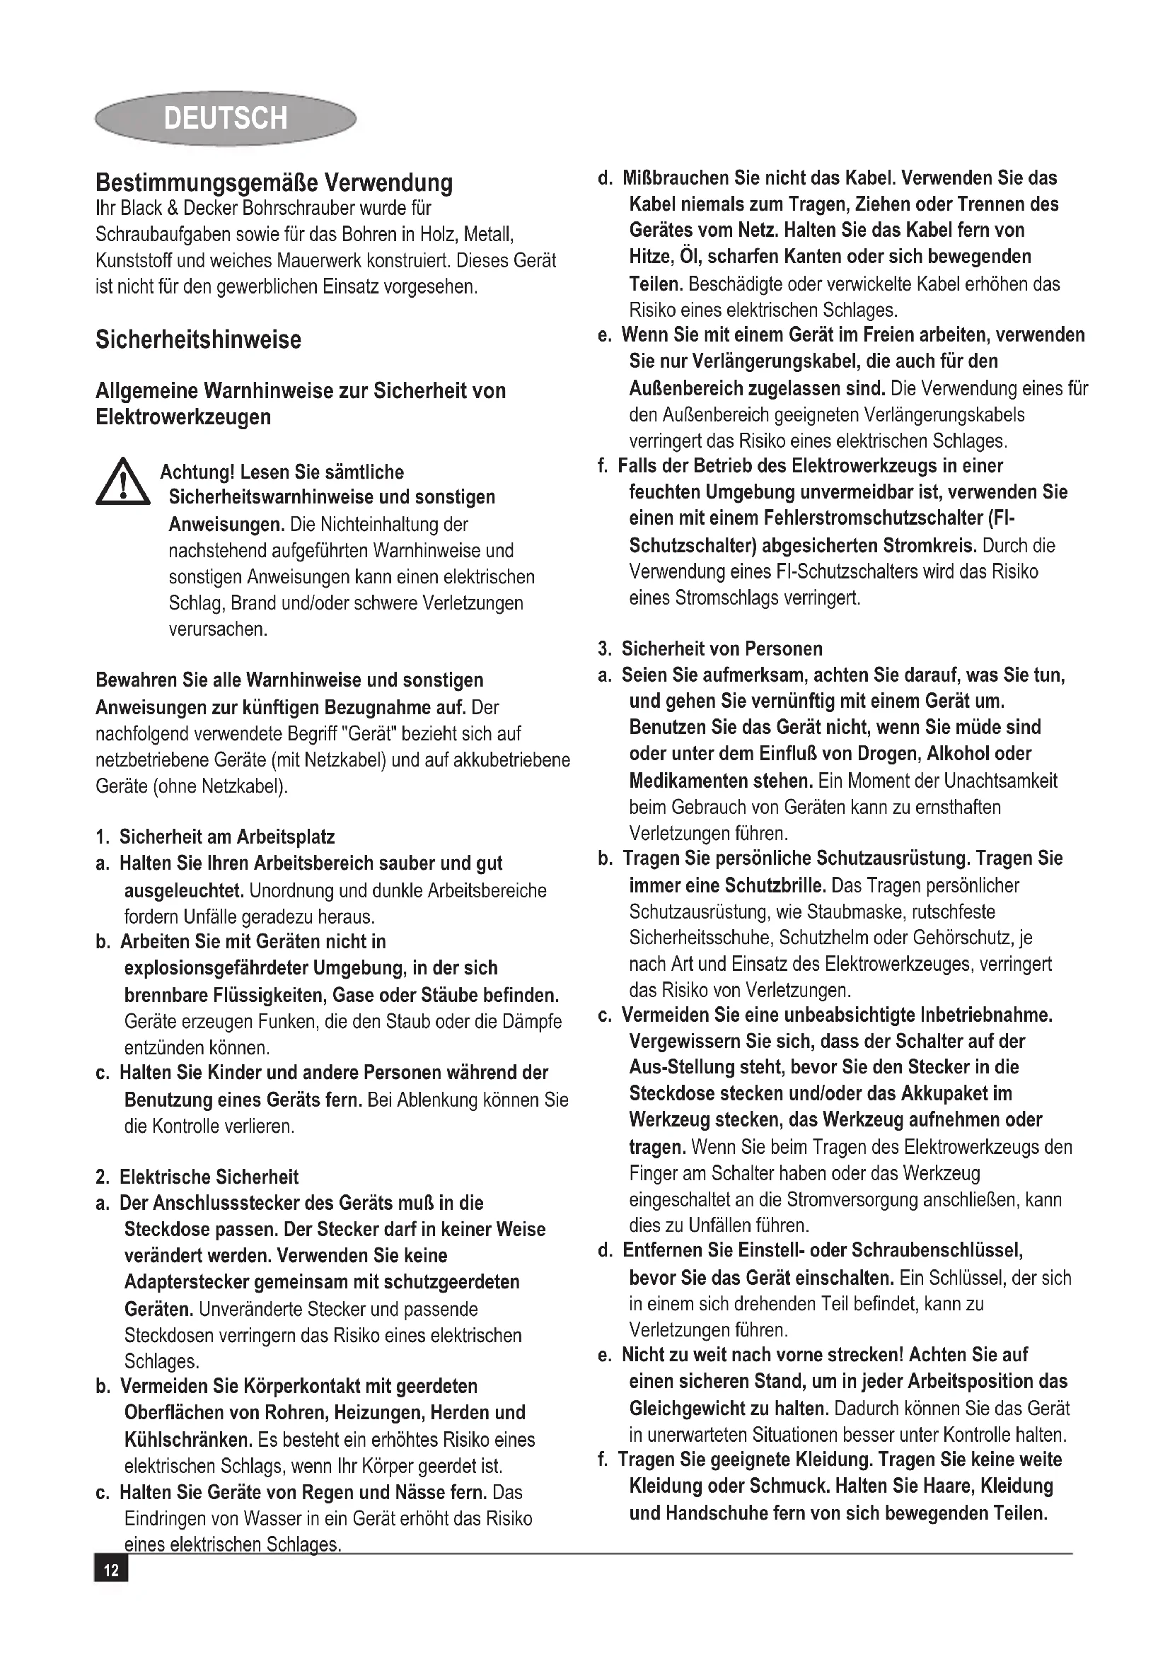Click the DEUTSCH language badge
(x=225, y=118)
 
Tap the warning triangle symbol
(x=122, y=482)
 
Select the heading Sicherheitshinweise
(x=198, y=339)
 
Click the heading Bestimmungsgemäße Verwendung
(x=274, y=182)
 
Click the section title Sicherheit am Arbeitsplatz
(x=226, y=837)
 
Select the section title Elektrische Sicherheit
(x=208, y=1177)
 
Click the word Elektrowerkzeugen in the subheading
(x=183, y=417)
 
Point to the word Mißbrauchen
(x=676, y=178)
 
